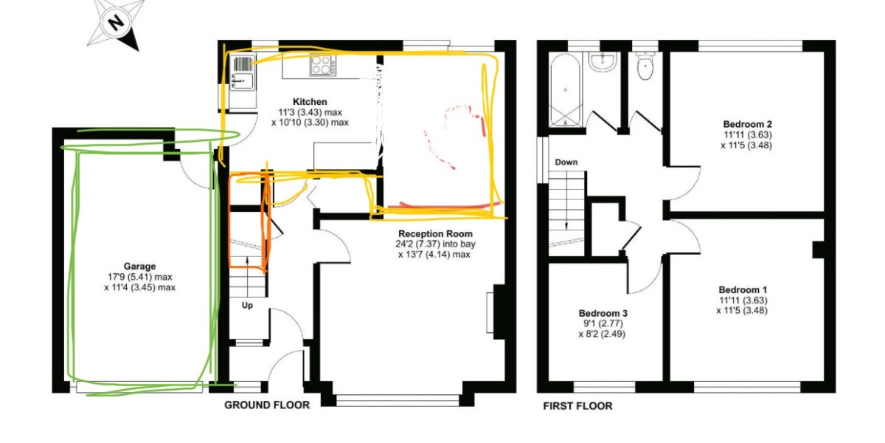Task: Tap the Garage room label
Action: pos(139,267)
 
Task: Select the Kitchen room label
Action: pos(310,101)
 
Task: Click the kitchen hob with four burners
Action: pos(322,65)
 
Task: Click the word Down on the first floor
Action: pos(566,162)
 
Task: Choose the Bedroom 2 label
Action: pos(745,123)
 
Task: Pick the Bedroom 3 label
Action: pos(603,312)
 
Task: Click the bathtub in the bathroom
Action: pos(565,92)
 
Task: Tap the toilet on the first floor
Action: pos(645,69)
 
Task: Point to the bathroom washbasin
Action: pos(603,64)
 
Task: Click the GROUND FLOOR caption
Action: pos(266,405)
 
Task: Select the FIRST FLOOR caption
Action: pos(577,405)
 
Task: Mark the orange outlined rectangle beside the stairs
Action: pos(248,219)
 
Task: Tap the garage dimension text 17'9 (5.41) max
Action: pos(139,278)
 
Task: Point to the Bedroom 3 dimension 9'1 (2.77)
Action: pos(603,323)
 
